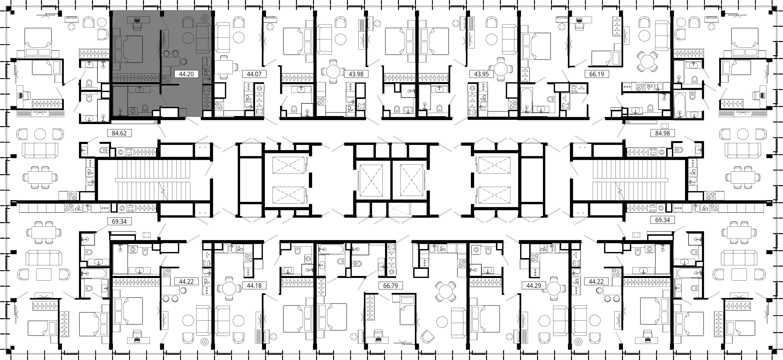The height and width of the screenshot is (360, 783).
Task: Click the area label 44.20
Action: (x=186, y=74)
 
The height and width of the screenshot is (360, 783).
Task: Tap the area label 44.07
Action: (x=254, y=74)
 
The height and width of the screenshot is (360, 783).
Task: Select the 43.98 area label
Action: (x=356, y=74)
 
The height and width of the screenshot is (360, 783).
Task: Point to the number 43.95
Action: (x=481, y=74)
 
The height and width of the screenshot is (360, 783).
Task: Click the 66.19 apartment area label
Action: (x=597, y=74)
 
